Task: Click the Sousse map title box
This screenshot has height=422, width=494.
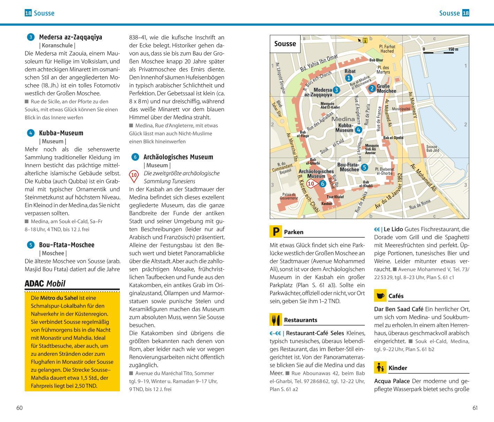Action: point(285,44)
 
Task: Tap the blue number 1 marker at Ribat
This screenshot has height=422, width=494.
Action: point(349,78)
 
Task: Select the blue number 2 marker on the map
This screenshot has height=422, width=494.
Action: point(372,89)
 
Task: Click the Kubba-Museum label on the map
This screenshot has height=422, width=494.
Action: point(344,128)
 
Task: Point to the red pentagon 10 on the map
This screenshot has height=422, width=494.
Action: point(311,183)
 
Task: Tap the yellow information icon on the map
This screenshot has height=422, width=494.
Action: point(365,40)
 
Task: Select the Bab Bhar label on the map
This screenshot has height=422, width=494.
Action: point(376,60)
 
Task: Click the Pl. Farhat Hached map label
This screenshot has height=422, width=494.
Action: point(387,48)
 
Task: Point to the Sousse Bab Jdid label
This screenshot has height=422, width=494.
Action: point(432,149)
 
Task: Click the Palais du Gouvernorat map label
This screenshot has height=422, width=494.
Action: point(289,196)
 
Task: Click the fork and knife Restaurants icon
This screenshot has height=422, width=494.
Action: point(275,319)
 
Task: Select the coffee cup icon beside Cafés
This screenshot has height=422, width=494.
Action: point(380,296)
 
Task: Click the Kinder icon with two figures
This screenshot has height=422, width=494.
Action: point(380,368)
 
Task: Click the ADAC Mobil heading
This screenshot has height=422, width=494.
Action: point(45,284)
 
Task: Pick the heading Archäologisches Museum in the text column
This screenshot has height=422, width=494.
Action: point(178,157)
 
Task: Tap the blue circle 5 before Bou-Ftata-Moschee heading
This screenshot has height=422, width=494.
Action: point(30,245)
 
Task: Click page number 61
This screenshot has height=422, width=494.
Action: point(475,408)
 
